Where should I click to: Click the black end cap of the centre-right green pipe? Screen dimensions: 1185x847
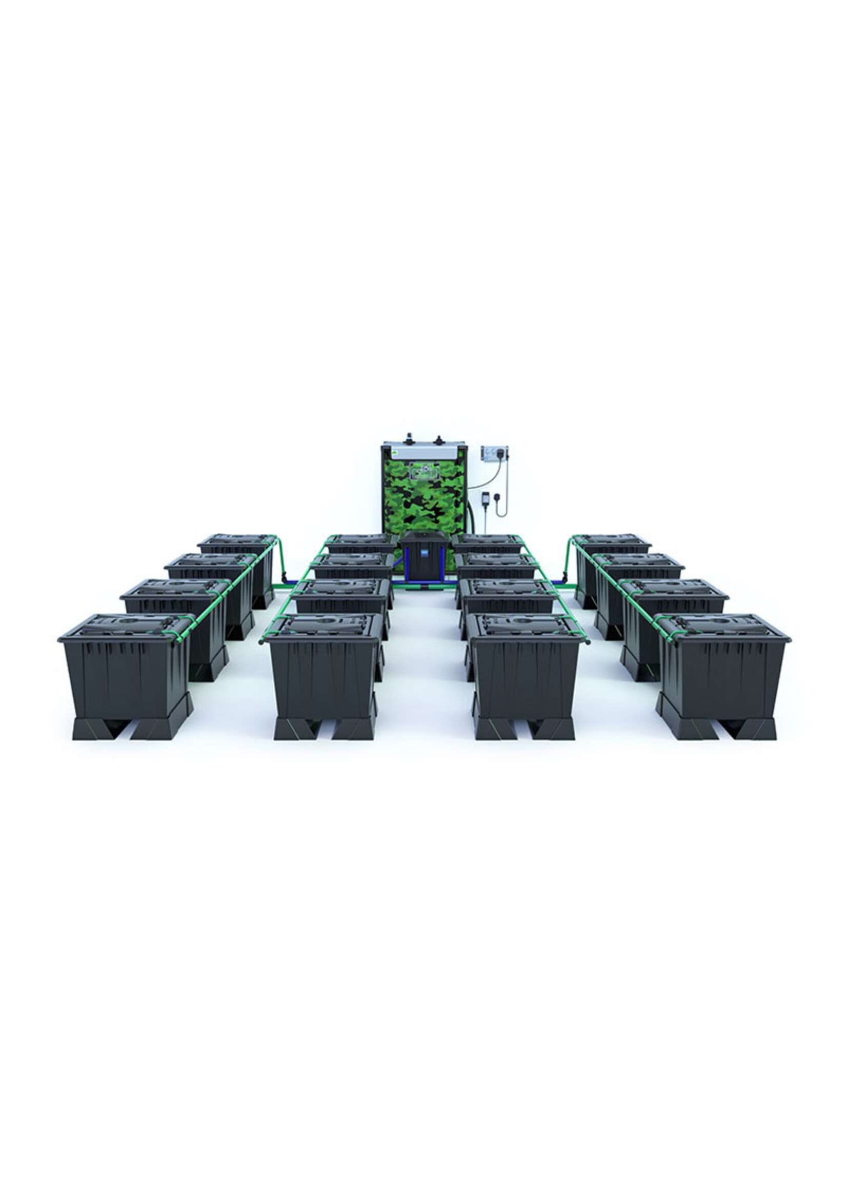(x=588, y=642)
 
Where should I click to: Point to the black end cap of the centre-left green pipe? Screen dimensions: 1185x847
(x=261, y=642)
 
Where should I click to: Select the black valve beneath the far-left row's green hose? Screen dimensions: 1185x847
(x=284, y=577)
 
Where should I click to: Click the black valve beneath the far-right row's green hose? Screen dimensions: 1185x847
(x=564, y=577)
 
